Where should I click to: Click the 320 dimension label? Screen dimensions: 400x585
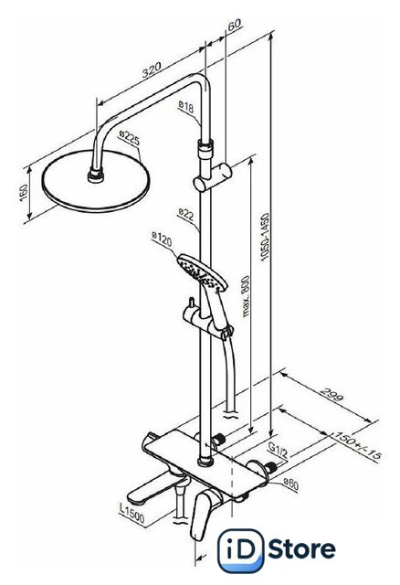pyautogui.click(x=153, y=69)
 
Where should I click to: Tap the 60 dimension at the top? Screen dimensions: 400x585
pyautogui.click(x=234, y=26)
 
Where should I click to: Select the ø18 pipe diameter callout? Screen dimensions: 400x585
pyautogui.click(x=186, y=107)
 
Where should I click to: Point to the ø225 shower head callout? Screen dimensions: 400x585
pyautogui.click(x=130, y=138)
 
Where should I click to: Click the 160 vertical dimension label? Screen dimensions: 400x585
pyautogui.click(x=23, y=193)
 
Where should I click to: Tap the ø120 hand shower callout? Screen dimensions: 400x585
pyautogui.click(x=163, y=239)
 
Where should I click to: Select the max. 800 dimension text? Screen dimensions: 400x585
pyautogui.click(x=246, y=296)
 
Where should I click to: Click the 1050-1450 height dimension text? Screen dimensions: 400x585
pyautogui.click(x=265, y=237)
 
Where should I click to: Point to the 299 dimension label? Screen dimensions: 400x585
pyautogui.click(x=332, y=396)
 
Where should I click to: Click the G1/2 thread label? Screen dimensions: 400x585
pyautogui.click(x=279, y=451)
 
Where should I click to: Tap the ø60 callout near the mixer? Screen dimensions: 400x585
pyautogui.click(x=290, y=485)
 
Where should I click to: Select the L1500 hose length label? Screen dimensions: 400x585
pyautogui.click(x=132, y=514)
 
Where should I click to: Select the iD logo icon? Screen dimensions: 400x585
pyautogui.click(x=240, y=550)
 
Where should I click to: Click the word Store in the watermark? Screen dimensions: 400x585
pyautogui.click(x=301, y=548)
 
